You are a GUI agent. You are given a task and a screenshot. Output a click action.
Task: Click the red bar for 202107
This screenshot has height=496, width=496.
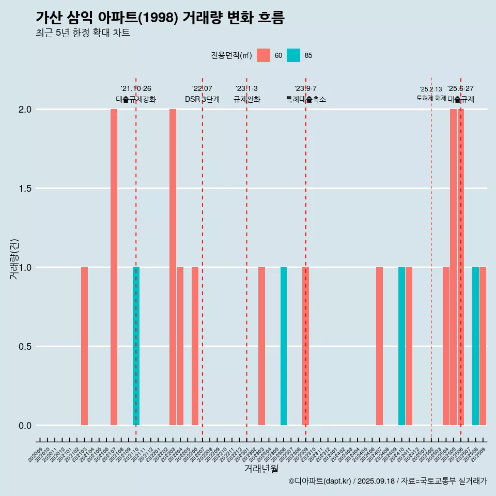pyautogui.click(x=114, y=267)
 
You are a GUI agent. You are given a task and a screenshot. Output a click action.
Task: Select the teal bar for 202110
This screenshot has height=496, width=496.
pyautogui.click(x=136, y=346)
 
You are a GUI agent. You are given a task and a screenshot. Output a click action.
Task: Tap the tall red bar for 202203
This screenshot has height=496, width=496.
pyautogui.click(x=173, y=267)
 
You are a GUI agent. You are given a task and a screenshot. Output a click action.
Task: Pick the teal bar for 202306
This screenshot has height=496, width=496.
pyautogui.click(x=284, y=346)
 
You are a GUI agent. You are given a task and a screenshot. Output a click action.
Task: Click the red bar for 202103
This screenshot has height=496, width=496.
pyautogui.click(x=84, y=346)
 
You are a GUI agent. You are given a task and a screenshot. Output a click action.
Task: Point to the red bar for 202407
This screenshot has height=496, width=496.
pyautogui.click(x=379, y=346)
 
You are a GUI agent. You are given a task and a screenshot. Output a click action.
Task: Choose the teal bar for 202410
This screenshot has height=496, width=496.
pyautogui.click(x=401, y=346)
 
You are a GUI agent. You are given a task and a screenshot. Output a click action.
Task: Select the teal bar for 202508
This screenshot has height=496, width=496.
pyautogui.click(x=475, y=346)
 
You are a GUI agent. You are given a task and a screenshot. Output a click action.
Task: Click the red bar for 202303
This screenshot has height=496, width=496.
pyautogui.click(x=261, y=346)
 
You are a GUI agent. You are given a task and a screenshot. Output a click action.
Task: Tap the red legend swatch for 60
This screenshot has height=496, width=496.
pyautogui.click(x=263, y=55)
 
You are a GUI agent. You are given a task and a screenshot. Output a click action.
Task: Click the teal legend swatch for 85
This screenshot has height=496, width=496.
pyautogui.click(x=293, y=55)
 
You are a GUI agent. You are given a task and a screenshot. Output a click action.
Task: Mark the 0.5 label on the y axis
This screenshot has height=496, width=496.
pyautogui.click(x=25, y=347)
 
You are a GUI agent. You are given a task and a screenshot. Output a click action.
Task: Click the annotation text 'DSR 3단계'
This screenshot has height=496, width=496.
pyautogui.click(x=202, y=99)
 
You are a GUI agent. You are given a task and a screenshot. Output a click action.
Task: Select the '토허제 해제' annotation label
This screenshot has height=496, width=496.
pyautogui.click(x=431, y=98)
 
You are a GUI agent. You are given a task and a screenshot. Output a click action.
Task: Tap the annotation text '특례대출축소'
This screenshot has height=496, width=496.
pyautogui.click(x=306, y=99)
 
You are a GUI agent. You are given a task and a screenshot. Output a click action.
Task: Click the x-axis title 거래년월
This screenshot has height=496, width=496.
pyautogui.click(x=261, y=469)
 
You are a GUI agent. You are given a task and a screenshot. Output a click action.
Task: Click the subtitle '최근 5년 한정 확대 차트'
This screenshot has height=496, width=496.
pyautogui.click(x=83, y=33)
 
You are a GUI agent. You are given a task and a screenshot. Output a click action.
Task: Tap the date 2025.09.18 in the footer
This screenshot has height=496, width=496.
pyautogui.click(x=376, y=481)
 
